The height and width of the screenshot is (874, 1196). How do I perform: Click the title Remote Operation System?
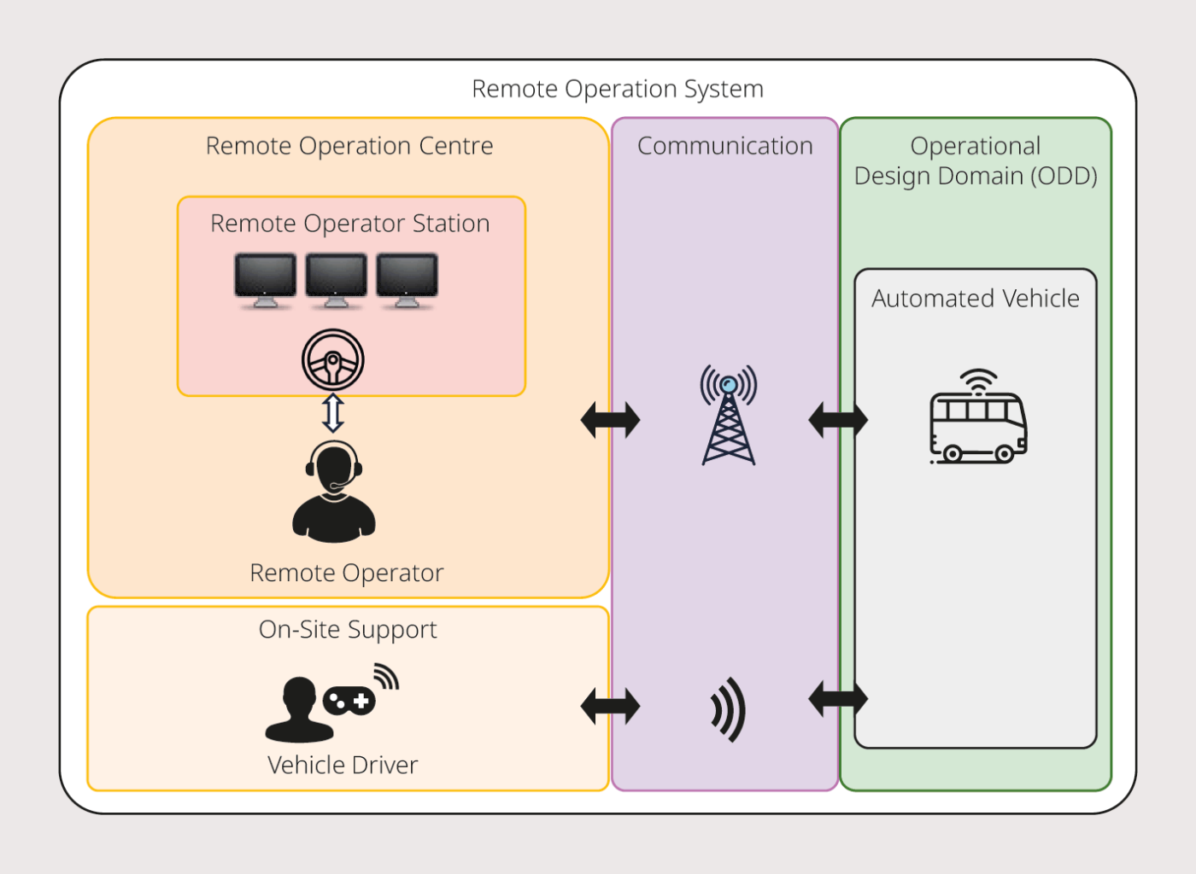(617, 89)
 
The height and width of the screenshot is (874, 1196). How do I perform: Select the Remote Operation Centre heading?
(349, 146)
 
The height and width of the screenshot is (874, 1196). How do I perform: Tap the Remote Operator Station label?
(349, 224)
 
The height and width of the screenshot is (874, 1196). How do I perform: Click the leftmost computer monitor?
(265, 278)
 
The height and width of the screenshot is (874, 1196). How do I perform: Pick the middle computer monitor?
(336, 278)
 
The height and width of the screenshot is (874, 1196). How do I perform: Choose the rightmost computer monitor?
(407, 278)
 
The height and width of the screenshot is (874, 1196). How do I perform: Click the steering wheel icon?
(333, 360)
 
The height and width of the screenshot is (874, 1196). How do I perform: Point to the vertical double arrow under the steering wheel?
(333, 413)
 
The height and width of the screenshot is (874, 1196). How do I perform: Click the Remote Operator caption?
(346, 573)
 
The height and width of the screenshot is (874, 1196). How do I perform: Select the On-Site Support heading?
(348, 630)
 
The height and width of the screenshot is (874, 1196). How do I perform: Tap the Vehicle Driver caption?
(343, 765)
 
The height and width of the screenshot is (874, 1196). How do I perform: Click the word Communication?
(724, 146)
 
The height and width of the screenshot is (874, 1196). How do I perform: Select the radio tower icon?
(728, 416)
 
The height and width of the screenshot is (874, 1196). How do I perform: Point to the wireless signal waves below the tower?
(729, 709)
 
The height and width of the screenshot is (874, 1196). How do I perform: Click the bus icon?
(977, 420)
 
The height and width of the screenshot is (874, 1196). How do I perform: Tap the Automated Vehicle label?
(975, 299)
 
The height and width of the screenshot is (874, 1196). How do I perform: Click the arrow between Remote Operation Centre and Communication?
(610, 420)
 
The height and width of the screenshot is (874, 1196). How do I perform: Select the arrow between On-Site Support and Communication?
(610, 707)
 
